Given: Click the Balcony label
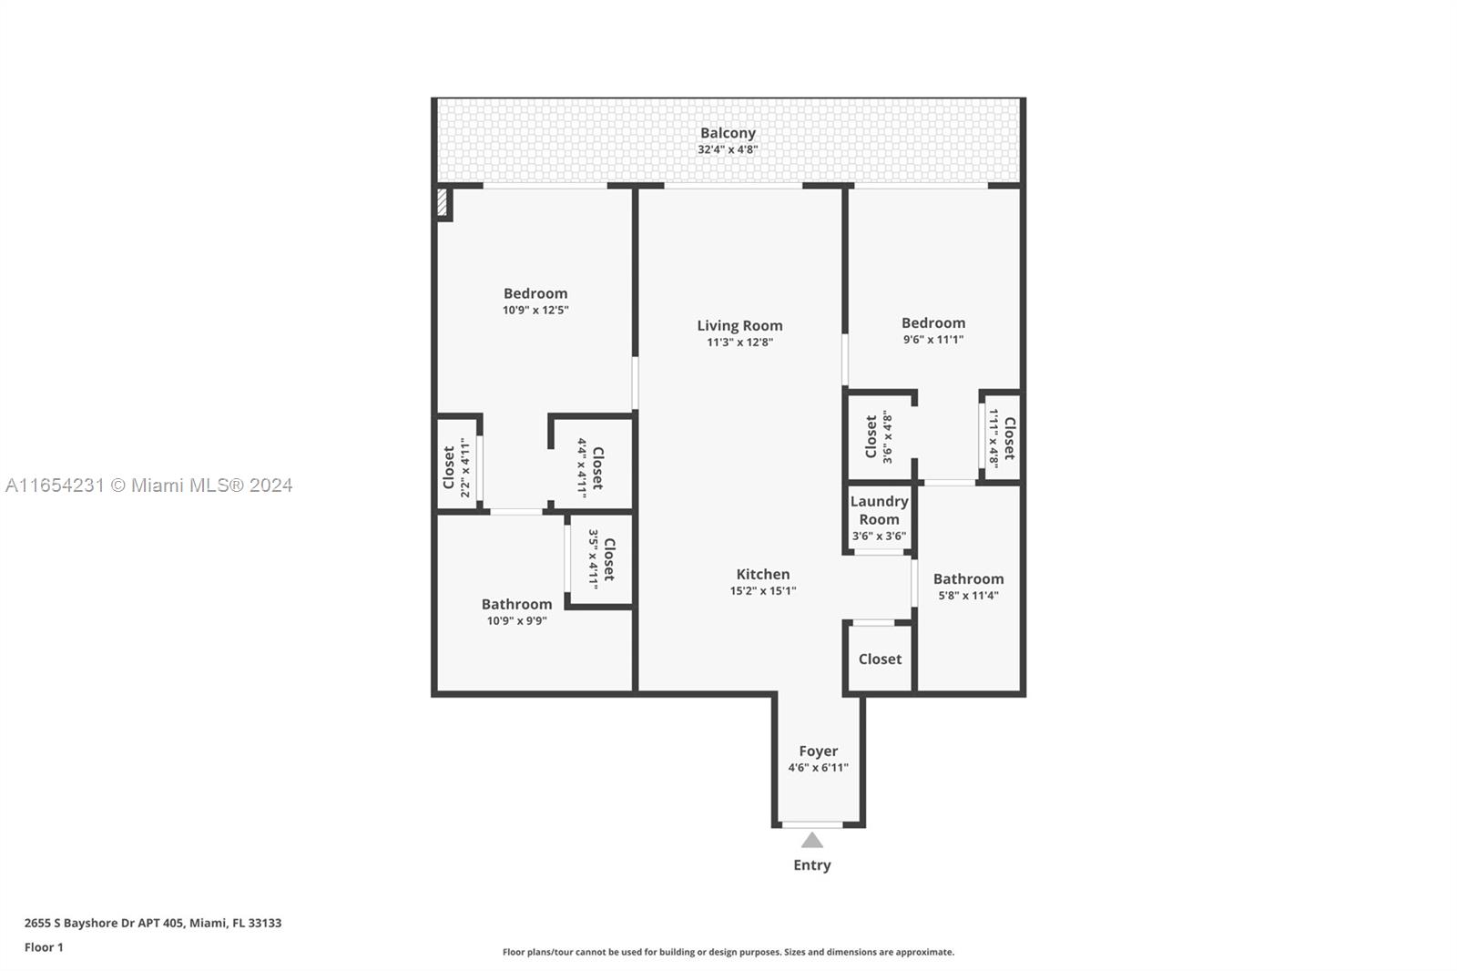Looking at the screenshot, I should click(x=728, y=134).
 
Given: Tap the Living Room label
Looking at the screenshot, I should click(x=739, y=326).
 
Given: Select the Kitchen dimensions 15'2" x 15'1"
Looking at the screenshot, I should click(x=763, y=591).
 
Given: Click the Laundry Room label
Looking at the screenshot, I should click(x=879, y=510).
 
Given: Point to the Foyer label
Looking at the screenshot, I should click(x=818, y=751).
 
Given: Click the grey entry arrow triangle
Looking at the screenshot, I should click(x=812, y=841).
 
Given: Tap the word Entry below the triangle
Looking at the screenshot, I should click(x=811, y=865).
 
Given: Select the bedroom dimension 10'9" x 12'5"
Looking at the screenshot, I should click(x=535, y=310).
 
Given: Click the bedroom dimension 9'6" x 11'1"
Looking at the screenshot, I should click(x=932, y=340).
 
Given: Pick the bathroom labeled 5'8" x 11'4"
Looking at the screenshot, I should click(x=968, y=587).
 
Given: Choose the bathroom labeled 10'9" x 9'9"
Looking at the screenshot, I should click(x=516, y=612).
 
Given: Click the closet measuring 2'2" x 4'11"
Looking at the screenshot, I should click(x=456, y=466).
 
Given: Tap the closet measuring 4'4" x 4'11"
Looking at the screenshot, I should click(x=590, y=467).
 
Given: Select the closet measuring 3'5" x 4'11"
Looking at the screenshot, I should click(x=601, y=559).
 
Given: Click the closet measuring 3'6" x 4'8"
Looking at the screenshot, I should click(x=879, y=436).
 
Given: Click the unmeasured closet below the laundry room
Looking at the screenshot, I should click(x=880, y=659).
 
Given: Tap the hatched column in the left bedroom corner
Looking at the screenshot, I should click(x=443, y=202).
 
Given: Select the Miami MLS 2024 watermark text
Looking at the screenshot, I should click(x=148, y=485).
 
